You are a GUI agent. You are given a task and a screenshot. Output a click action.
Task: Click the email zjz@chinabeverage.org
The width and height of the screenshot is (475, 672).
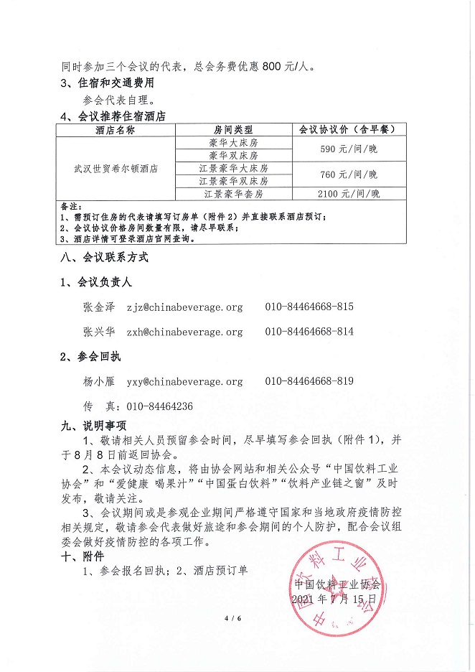[x=184, y=307]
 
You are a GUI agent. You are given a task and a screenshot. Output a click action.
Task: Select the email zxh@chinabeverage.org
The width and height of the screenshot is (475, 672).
[x=184, y=332]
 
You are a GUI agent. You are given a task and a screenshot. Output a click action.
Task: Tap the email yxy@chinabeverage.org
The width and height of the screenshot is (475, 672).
[x=184, y=382]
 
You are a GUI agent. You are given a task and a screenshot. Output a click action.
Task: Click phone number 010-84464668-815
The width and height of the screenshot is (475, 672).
[x=309, y=307]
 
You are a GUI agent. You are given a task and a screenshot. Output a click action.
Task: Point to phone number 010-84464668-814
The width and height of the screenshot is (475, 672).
[x=309, y=332]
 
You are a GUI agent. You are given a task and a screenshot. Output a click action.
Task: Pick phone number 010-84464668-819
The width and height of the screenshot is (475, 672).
[x=309, y=382]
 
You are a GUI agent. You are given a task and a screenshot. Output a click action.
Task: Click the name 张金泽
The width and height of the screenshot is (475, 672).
[x=99, y=307]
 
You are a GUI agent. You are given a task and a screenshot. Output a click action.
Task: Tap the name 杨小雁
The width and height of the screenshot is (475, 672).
[x=99, y=382]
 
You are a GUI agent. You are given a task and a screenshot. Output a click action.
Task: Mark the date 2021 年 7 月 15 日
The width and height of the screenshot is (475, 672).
[x=334, y=598]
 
